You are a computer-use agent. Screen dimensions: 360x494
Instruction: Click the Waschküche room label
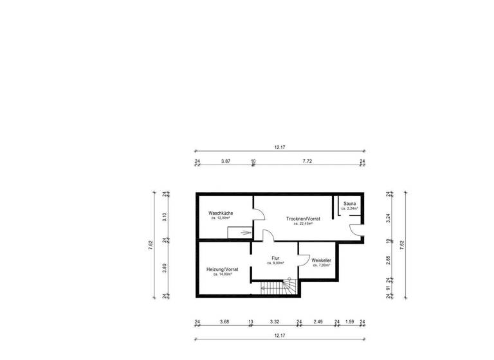(x=220, y=213)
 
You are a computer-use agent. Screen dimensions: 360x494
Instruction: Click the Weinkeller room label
(x=320, y=260)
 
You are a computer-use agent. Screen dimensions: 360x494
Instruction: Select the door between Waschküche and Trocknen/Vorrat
(x=257, y=216)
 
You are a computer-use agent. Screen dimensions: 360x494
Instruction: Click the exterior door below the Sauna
(x=356, y=231)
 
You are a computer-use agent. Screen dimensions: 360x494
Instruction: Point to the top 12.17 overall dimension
(x=279, y=147)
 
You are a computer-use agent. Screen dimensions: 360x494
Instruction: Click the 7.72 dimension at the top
(x=307, y=161)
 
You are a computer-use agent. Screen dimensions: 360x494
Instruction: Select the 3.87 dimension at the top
(x=225, y=161)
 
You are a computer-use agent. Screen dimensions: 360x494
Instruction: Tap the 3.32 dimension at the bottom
(x=273, y=322)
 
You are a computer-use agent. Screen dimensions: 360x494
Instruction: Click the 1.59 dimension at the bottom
(x=349, y=322)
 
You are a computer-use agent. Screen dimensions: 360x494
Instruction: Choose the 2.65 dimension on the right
(x=389, y=260)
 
